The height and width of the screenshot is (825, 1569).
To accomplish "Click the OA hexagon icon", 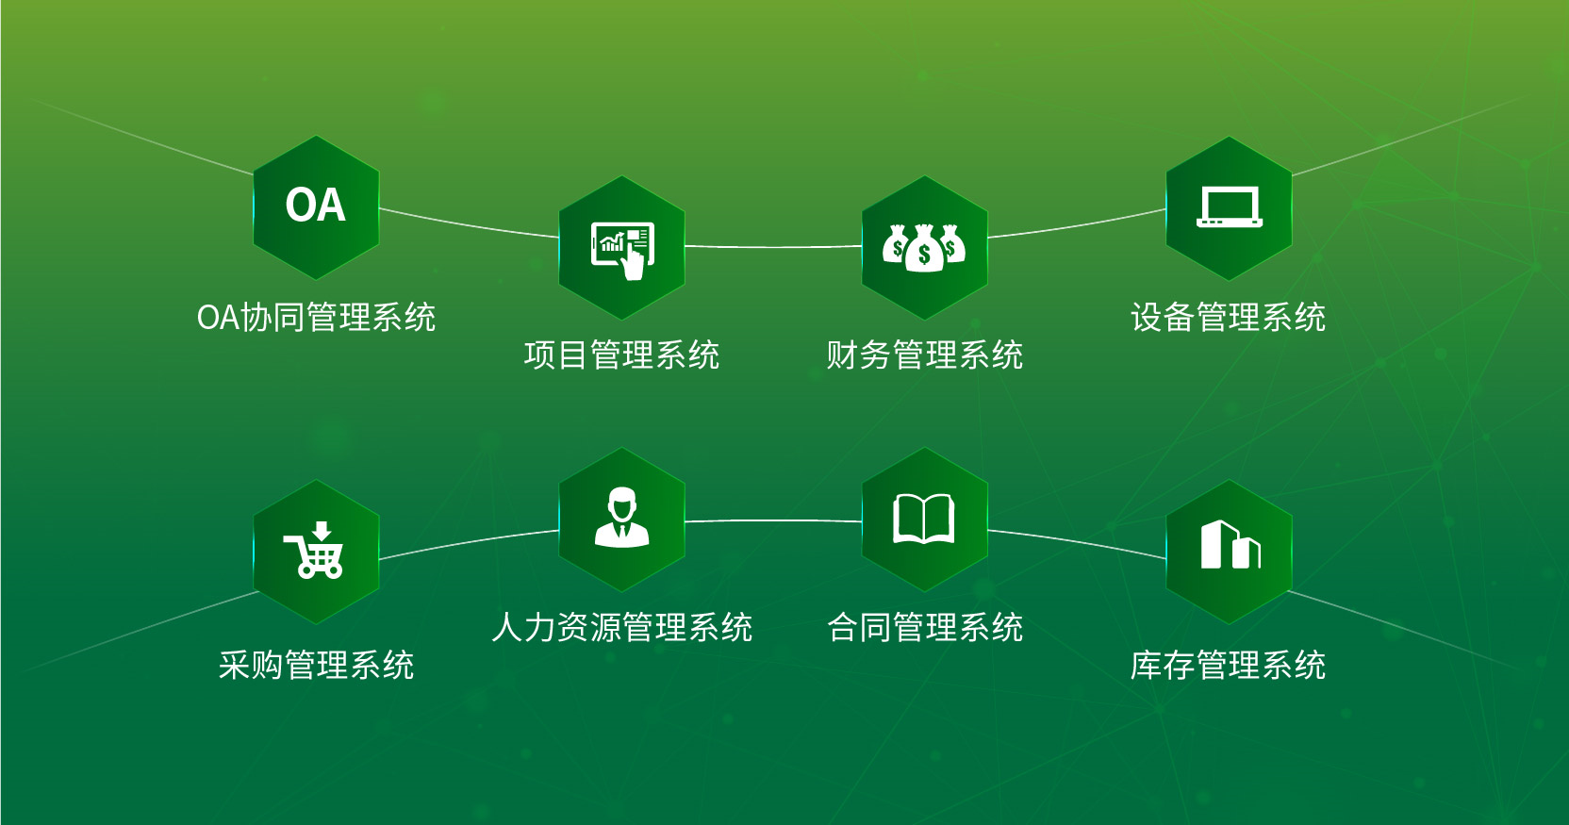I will pyautogui.click(x=316, y=206).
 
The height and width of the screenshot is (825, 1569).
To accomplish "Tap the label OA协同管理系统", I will pyautogui.click(x=316, y=318).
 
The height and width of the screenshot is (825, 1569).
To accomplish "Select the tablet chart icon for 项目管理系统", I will pyautogui.click(x=621, y=248).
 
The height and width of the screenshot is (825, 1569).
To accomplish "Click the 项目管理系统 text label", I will pyautogui.click(x=621, y=355).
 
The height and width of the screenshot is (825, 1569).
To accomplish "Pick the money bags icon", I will pyautogui.click(x=924, y=248).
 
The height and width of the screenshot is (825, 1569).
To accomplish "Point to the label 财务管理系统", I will pyautogui.click(x=924, y=355).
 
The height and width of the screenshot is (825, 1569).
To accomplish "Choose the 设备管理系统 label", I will pyautogui.click(x=1228, y=318).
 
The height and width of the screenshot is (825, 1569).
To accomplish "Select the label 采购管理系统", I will pyautogui.click(x=316, y=666).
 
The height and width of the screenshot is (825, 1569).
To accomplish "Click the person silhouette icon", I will pyautogui.click(x=621, y=518).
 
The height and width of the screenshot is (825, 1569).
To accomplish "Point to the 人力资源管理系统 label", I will pyautogui.click(x=621, y=628).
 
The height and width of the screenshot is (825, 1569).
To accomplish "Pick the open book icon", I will pyautogui.click(x=924, y=519).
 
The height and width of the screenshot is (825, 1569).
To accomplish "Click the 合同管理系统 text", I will pyautogui.click(x=924, y=628).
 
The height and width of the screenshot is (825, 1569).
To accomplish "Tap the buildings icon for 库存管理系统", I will pyautogui.click(x=1230, y=545).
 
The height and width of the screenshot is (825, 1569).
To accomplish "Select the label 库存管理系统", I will pyautogui.click(x=1228, y=666).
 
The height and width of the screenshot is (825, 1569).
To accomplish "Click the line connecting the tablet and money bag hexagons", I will pyautogui.click(x=773, y=247).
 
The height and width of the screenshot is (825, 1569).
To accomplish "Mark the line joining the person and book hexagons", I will pyautogui.click(x=773, y=520).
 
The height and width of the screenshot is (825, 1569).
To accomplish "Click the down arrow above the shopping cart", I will pyautogui.click(x=322, y=531).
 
